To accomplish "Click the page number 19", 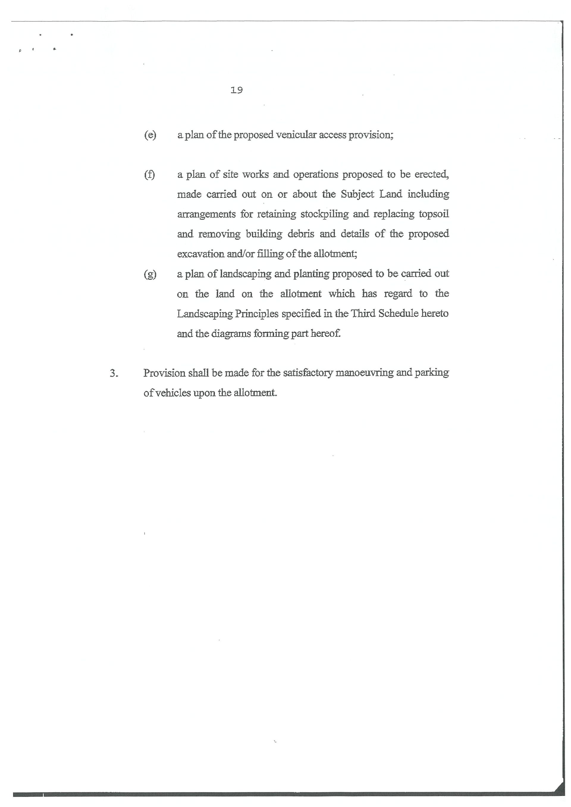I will (x=237, y=90).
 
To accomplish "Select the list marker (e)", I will (x=150, y=135).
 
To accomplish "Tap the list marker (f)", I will (x=149, y=175).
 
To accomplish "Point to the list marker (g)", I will (x=150, y=274).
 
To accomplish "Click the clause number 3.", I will (x=114, y=373).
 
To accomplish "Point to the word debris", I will (x=301, y=234).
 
